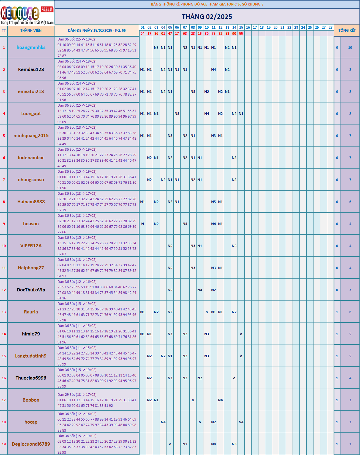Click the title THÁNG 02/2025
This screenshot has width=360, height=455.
207,17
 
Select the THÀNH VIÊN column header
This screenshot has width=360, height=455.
31,31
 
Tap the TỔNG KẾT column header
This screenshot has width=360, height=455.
347,31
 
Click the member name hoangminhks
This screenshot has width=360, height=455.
31,47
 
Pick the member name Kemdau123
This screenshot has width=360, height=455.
31,69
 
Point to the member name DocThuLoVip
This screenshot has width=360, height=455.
31,290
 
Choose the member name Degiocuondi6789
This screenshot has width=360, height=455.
31,444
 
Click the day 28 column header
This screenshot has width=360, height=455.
331,28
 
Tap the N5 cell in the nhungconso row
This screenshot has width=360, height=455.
234,180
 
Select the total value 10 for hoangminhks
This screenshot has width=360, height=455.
350,48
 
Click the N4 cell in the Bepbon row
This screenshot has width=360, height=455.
220,400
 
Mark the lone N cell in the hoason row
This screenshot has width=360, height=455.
142,224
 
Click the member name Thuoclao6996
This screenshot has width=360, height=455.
31,378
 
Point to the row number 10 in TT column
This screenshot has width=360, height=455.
4,246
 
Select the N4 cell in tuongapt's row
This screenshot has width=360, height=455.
206,114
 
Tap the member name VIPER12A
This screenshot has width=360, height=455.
31,246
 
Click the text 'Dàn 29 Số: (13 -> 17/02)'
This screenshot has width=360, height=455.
77,395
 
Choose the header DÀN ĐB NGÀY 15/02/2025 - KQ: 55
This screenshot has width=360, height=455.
97,31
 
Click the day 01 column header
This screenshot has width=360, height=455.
142,28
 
